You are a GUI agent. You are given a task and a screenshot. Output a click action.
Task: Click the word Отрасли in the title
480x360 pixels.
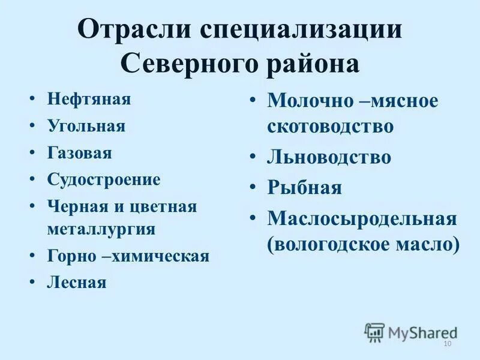click(x=135, y=29)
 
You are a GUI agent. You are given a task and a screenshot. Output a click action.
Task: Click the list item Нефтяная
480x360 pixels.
click(x=89, y=98)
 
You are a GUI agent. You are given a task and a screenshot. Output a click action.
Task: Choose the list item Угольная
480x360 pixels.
click(x=86, y=125)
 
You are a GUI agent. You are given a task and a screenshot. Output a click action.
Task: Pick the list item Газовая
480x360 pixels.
click(x=80, y=152)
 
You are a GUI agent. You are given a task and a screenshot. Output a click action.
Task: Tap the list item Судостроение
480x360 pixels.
click(x=104, y=179)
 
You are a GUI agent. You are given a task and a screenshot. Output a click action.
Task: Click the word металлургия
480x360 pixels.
click(x=101, y=229)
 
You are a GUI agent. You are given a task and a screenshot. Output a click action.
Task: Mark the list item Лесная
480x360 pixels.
click(x=77, y=283)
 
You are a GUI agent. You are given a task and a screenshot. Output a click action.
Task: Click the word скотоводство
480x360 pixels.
click(x=331, y=126)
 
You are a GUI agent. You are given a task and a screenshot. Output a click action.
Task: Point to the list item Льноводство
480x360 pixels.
click(x=329, y=157)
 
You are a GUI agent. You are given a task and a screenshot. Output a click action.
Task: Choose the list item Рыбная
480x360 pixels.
click(x=305, y=188)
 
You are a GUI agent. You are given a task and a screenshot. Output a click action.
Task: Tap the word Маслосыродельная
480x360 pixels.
click(x=362, y=218)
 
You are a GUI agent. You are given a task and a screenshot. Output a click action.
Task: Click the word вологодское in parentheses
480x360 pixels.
click(x=337, y=244)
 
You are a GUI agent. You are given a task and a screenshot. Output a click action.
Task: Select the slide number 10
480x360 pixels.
click(x=446, y=343)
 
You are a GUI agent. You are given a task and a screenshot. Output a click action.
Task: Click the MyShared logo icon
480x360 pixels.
click(x=374, y=332)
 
